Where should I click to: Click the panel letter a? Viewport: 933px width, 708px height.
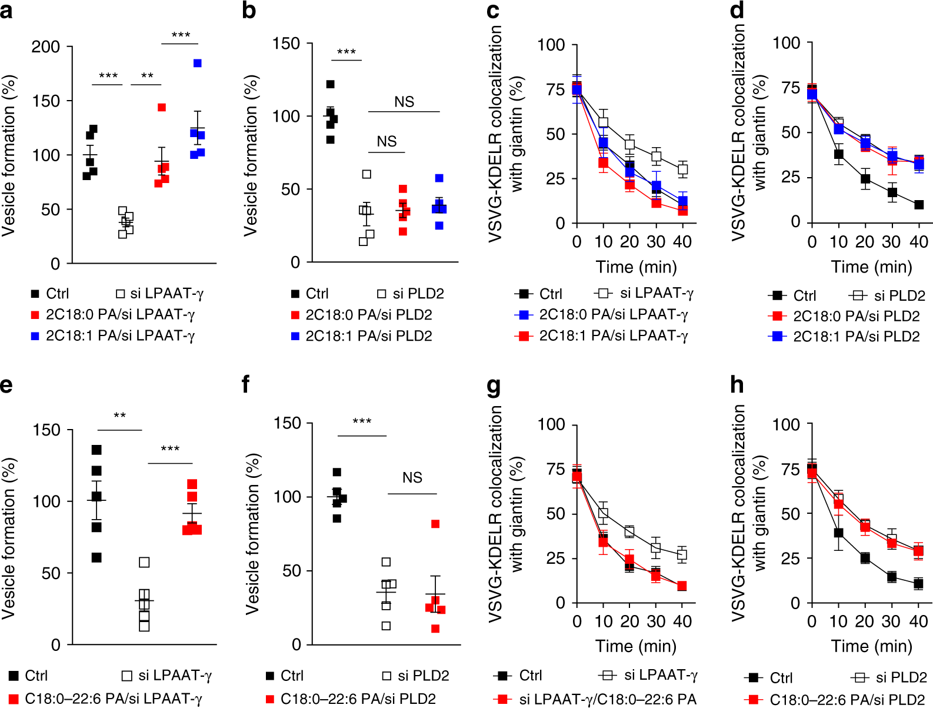click(6, 11)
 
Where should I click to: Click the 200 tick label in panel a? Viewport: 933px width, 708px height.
click(45, 47)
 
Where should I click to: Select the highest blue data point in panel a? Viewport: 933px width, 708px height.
click(198, 63)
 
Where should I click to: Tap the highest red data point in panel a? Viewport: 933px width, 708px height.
click(162, 107)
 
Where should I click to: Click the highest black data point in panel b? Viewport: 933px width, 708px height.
click(331, 84)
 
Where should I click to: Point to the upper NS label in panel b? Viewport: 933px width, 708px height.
click(404, 102)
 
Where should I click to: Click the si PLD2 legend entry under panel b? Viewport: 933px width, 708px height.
click(411, 294)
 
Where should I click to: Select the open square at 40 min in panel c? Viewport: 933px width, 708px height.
click(682, 169)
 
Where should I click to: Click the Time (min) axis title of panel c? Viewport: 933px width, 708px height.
click(636, 267)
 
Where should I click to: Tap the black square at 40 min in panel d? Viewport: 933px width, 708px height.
click(919, 205)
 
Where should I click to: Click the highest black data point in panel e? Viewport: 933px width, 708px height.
click(96, 450)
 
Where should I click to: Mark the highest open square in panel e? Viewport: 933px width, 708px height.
click(144, 562)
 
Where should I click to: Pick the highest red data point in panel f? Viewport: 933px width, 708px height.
click(435, 524)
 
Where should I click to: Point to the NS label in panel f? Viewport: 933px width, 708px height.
click(412, 477)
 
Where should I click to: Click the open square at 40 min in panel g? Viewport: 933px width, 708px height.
click(682, 554)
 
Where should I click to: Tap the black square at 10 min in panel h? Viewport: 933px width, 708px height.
click(839, 533)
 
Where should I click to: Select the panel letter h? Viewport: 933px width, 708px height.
click(737, 385)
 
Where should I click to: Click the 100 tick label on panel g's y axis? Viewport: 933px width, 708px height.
click(551, 425)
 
